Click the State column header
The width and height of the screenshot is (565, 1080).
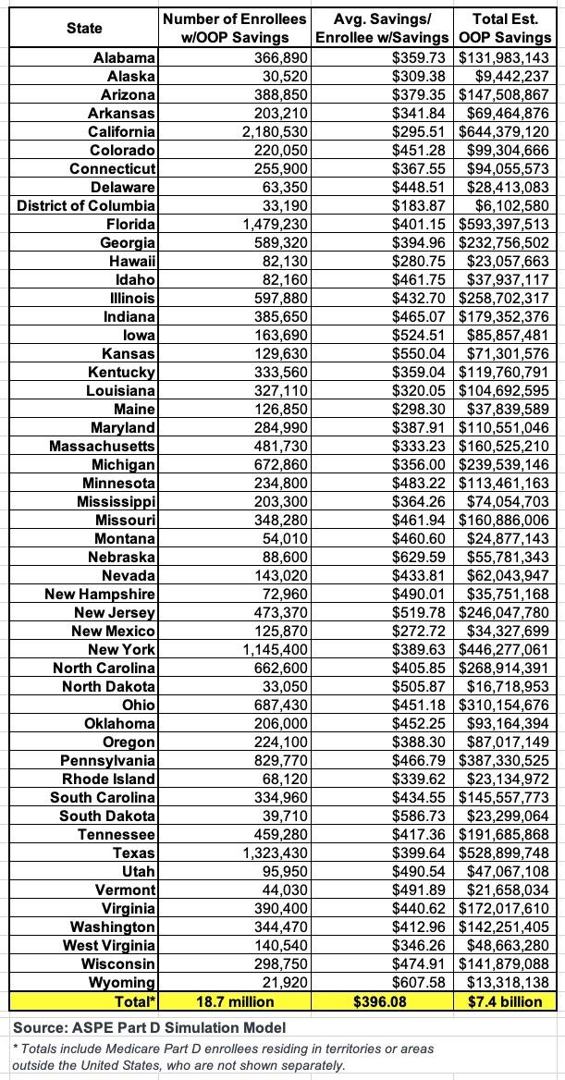84,28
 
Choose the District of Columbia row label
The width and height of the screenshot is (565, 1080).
86,205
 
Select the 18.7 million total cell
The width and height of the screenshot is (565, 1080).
235,1001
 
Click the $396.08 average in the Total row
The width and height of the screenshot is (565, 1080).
383,1001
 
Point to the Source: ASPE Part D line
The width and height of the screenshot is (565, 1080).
149,1027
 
